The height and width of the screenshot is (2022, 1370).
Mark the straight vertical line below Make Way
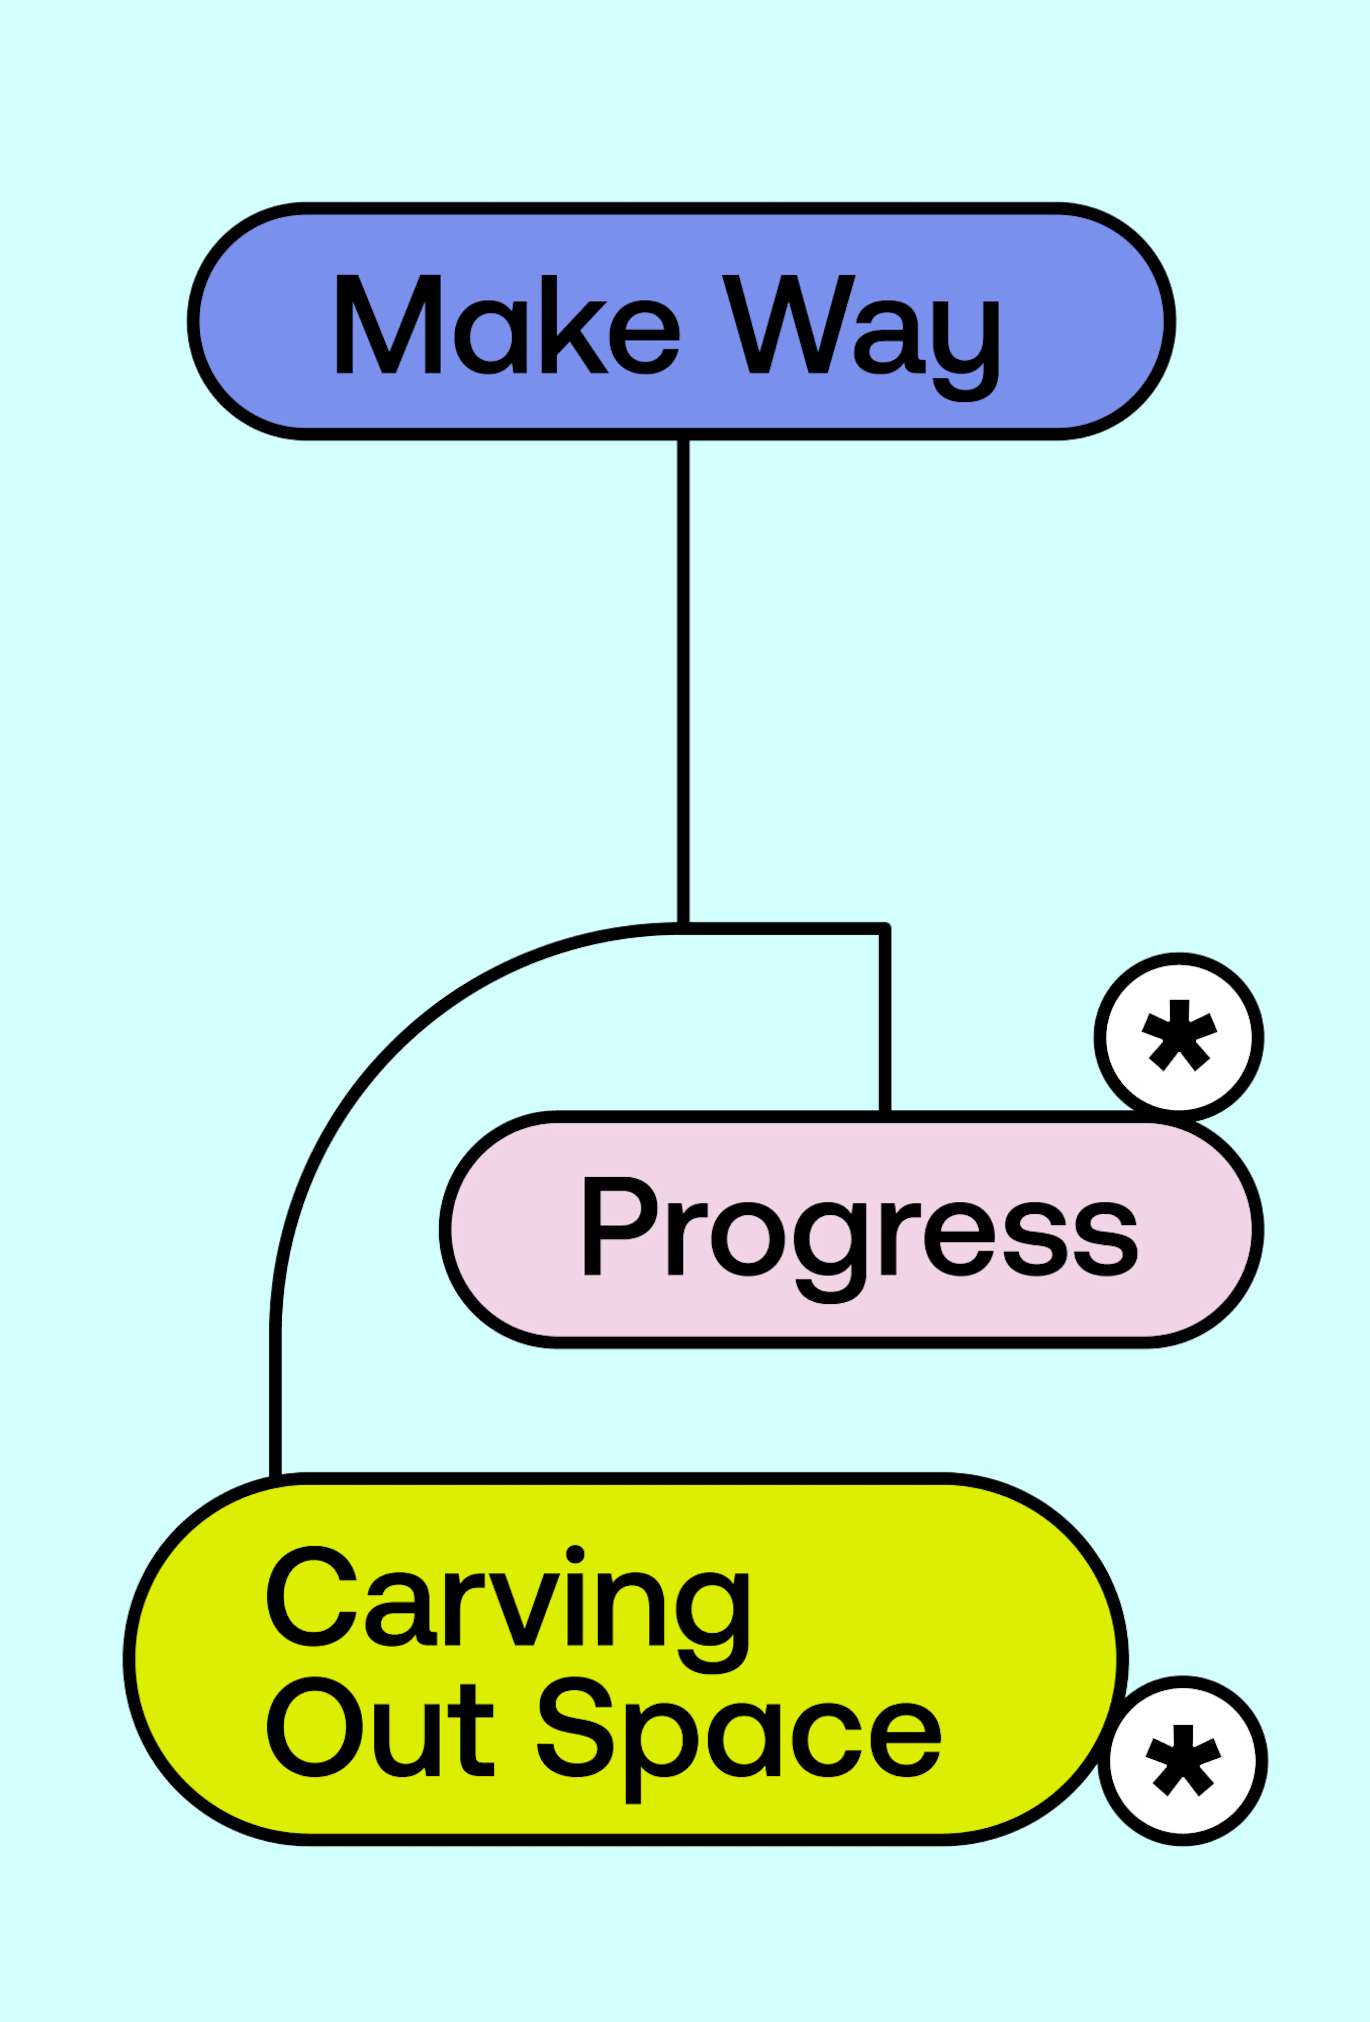(x=684, y=679)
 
